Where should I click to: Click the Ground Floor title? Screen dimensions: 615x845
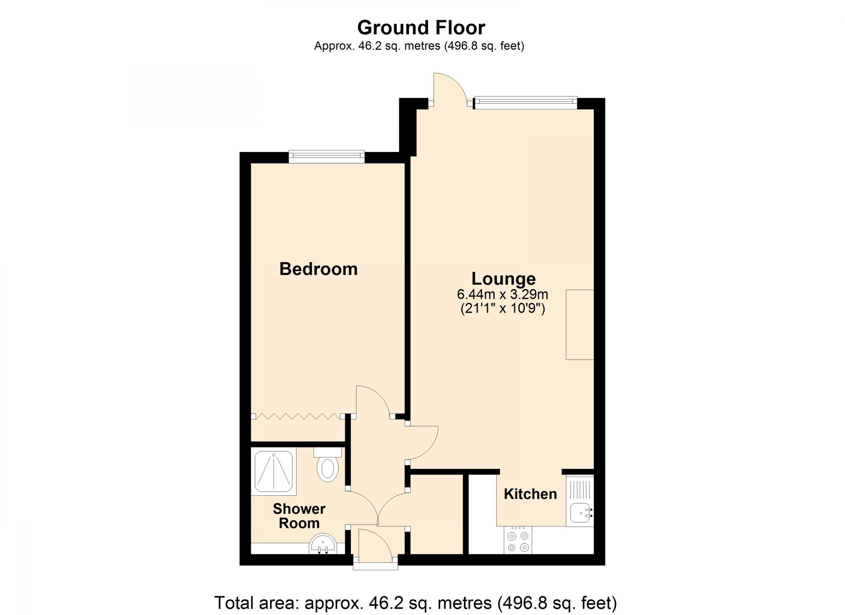coord(421,28)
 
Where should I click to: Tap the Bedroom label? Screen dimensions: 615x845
coord(318,269)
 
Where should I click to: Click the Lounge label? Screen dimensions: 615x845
coord(503,278)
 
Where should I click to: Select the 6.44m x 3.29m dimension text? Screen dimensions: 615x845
coord(502,294)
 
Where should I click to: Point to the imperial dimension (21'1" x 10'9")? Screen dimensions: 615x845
coord(502,308)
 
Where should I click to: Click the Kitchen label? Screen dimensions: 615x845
coord(530,494)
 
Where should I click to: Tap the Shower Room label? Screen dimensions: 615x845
coord(299,516)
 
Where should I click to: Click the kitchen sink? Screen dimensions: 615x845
coord(580,511)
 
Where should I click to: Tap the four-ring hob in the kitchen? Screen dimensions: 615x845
coord(518,541)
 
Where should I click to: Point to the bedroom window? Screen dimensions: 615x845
coord(326,156)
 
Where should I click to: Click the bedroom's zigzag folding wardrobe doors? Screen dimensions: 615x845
coord(297,416)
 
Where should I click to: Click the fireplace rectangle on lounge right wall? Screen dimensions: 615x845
coord(580,325)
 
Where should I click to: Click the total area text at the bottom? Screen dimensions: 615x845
coord(415,603)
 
